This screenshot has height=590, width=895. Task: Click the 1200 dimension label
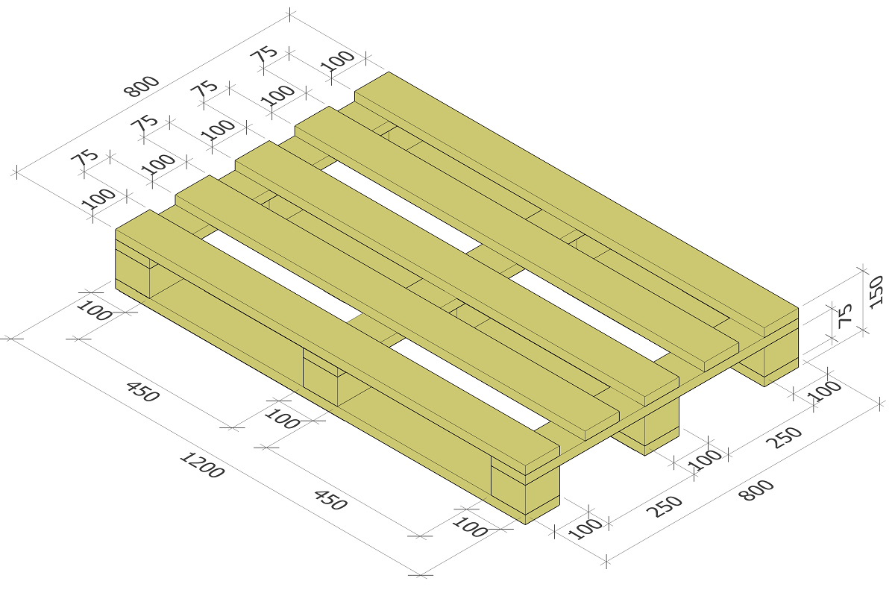click(x=202, y=465)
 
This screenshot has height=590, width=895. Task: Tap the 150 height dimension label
click(x=876, y=292)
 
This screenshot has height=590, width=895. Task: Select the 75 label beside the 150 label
click(x=844, y=316)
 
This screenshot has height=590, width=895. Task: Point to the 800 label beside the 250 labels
click(x=756, y=490)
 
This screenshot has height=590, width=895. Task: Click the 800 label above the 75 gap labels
click(x=142, y=87)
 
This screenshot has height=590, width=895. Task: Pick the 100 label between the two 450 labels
click(x=282, y=418)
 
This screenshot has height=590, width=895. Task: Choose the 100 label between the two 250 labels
click(x=705, y=460)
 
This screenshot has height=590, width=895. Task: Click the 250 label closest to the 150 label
click(x=785, y=438)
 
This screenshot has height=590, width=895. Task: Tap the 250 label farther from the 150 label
click(x=664, y=507)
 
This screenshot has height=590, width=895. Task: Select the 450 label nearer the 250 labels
click(x=330, y=500)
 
